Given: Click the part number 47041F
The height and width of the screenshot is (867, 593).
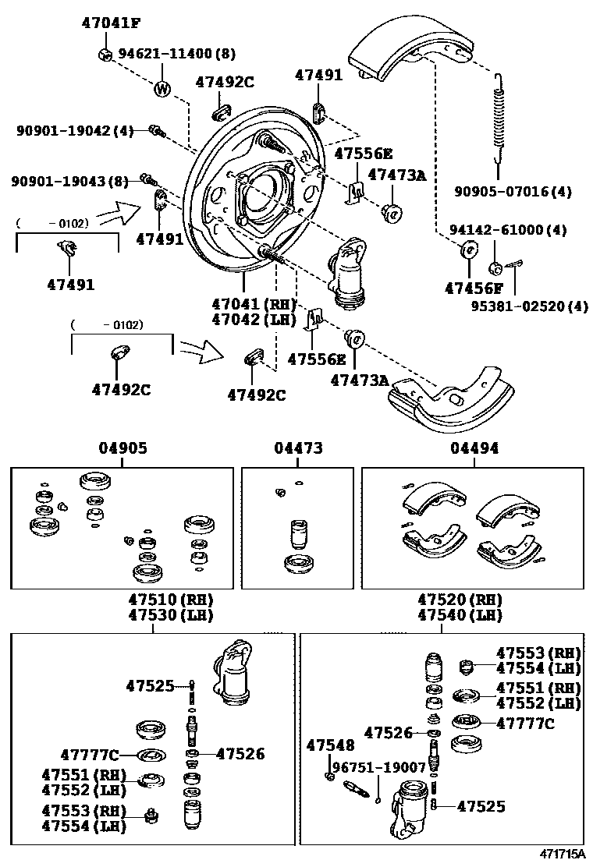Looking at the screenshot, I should point(112,23).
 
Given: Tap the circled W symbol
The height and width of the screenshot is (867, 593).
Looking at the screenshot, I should point(162,89).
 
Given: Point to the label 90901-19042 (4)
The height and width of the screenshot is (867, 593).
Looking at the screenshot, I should point(76,131).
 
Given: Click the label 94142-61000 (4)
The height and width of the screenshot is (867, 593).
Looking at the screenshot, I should point(508,230).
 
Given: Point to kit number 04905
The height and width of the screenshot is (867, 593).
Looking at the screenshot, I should point(123,448).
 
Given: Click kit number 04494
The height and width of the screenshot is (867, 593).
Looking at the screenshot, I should point(474,448).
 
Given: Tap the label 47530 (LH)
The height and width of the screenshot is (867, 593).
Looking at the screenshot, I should point(171,615).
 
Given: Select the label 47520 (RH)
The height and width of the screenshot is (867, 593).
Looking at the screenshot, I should point(460,600).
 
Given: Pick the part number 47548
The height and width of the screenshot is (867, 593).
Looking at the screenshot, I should point(330,746).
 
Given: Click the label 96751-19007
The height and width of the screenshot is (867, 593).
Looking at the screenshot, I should point(379,767).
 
